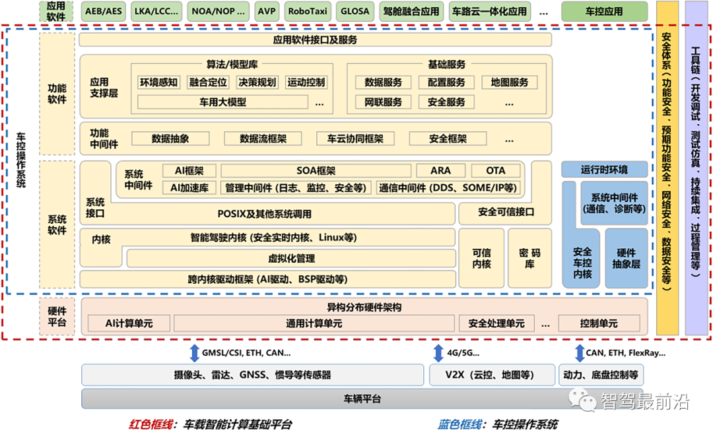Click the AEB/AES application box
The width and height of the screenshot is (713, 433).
(x=104, y=11)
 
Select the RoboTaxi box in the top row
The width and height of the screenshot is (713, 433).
(x=308, y=11)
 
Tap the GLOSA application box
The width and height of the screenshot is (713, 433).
(x=355, y=11)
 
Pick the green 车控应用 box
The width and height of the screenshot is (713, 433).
(x=604, y=11)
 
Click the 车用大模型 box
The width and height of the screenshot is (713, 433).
(x=222, y=102)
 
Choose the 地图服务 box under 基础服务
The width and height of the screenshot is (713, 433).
(x=505, y=83)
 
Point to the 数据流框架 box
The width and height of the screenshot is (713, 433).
(x=263, y=139)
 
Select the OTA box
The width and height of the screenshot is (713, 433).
(x=495, y=171)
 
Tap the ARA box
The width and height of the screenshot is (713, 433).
(x=440, y=171)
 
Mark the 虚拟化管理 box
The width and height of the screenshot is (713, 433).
(x=291, y=259)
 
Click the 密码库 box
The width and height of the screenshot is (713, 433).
(x=529, y=258)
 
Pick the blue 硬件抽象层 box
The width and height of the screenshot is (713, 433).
(x=627, y=258)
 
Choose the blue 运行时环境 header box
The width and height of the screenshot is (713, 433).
(x=604, y=169)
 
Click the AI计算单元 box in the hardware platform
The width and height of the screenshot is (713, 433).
(x=129, y=323)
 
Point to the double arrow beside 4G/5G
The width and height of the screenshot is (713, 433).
(x=437, y=353)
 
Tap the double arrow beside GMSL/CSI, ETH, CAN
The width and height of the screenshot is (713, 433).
(x=194, y=353)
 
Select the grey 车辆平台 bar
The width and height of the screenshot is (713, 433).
(x=362, y=399)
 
